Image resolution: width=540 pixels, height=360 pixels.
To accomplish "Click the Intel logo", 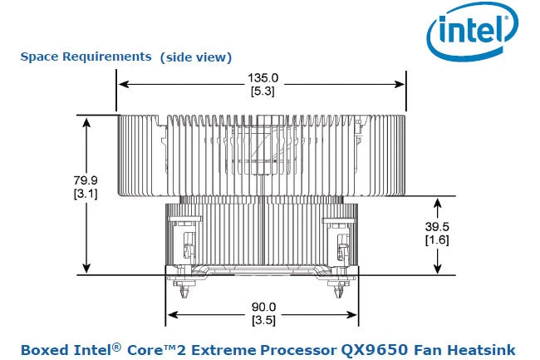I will coord(469,32).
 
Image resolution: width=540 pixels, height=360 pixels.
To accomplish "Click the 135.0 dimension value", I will coord(263,78).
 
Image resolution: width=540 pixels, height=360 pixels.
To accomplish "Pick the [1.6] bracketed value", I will coord(437,240).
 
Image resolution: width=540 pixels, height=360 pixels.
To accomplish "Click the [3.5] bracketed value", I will coord(263,320).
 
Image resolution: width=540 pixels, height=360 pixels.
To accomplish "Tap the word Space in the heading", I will coord(38,57).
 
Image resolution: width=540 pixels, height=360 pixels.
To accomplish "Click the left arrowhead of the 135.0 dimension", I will coord(122,83).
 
